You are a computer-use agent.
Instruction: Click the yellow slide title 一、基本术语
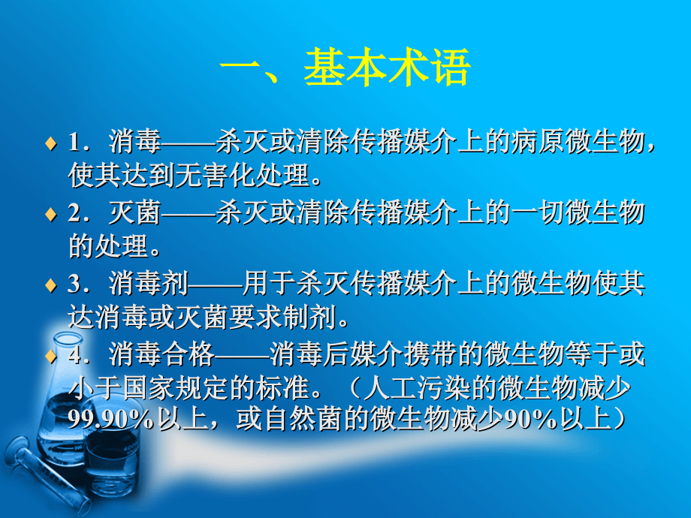click(x=345, y=68)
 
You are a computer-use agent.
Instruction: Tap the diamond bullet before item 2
click(x=50, y=214)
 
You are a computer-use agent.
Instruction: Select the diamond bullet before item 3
click(x=50, y=285)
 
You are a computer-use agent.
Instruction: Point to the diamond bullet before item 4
click(x=50, y=355)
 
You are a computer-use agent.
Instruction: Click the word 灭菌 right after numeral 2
click(x=134, y=214)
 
